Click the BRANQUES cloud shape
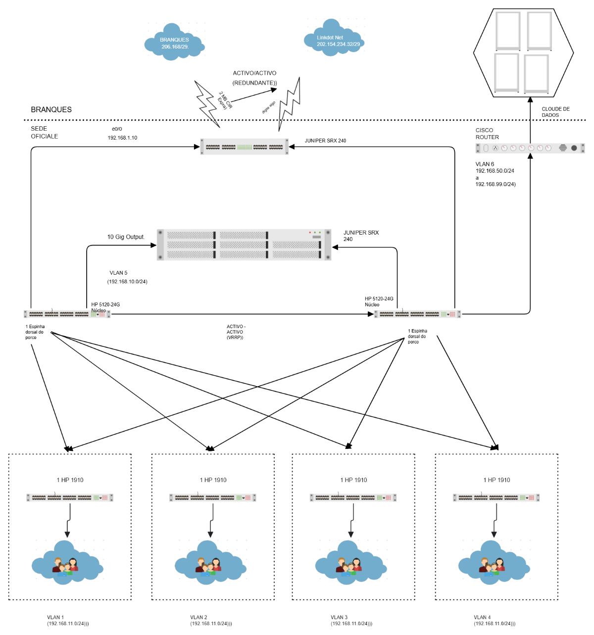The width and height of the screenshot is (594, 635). point(174,43)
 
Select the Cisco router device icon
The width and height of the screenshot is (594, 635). point(530,147)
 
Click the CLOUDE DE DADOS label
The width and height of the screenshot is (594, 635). point(555,112)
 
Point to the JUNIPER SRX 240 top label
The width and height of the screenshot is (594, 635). point(325,141)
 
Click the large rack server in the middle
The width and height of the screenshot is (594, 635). point(244,244)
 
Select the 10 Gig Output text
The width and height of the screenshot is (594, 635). point(126,237)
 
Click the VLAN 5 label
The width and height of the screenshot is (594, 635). point(118,273)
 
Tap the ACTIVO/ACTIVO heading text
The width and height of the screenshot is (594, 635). point(254,73)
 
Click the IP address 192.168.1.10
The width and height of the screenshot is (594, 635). point(122,138)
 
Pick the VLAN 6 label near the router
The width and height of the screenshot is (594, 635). point(485,164)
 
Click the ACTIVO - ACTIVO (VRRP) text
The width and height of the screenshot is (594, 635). point(236,332)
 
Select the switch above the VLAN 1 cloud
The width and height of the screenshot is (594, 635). point(70,497)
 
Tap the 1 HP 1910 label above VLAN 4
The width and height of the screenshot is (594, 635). point(496,480)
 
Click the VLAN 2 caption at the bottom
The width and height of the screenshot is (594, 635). point(198,617)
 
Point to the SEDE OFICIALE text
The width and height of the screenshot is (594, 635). point(45,132)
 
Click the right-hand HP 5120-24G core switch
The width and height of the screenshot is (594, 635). point(418,314)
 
